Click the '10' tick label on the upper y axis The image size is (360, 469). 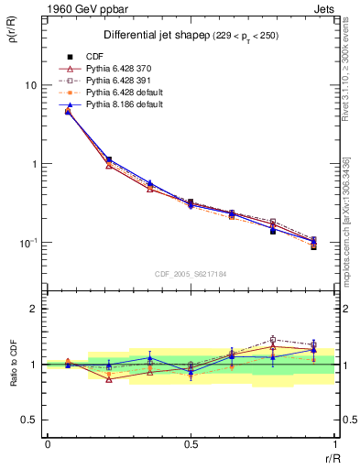tap(30, 85)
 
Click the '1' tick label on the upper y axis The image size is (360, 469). tap(34, 164)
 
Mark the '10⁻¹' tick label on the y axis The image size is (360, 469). tap(27, 242)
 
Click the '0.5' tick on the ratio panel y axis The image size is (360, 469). tap(30, 420)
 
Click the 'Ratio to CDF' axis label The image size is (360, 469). tap(14, 364)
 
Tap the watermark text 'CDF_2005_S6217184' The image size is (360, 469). tap(191, 272)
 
